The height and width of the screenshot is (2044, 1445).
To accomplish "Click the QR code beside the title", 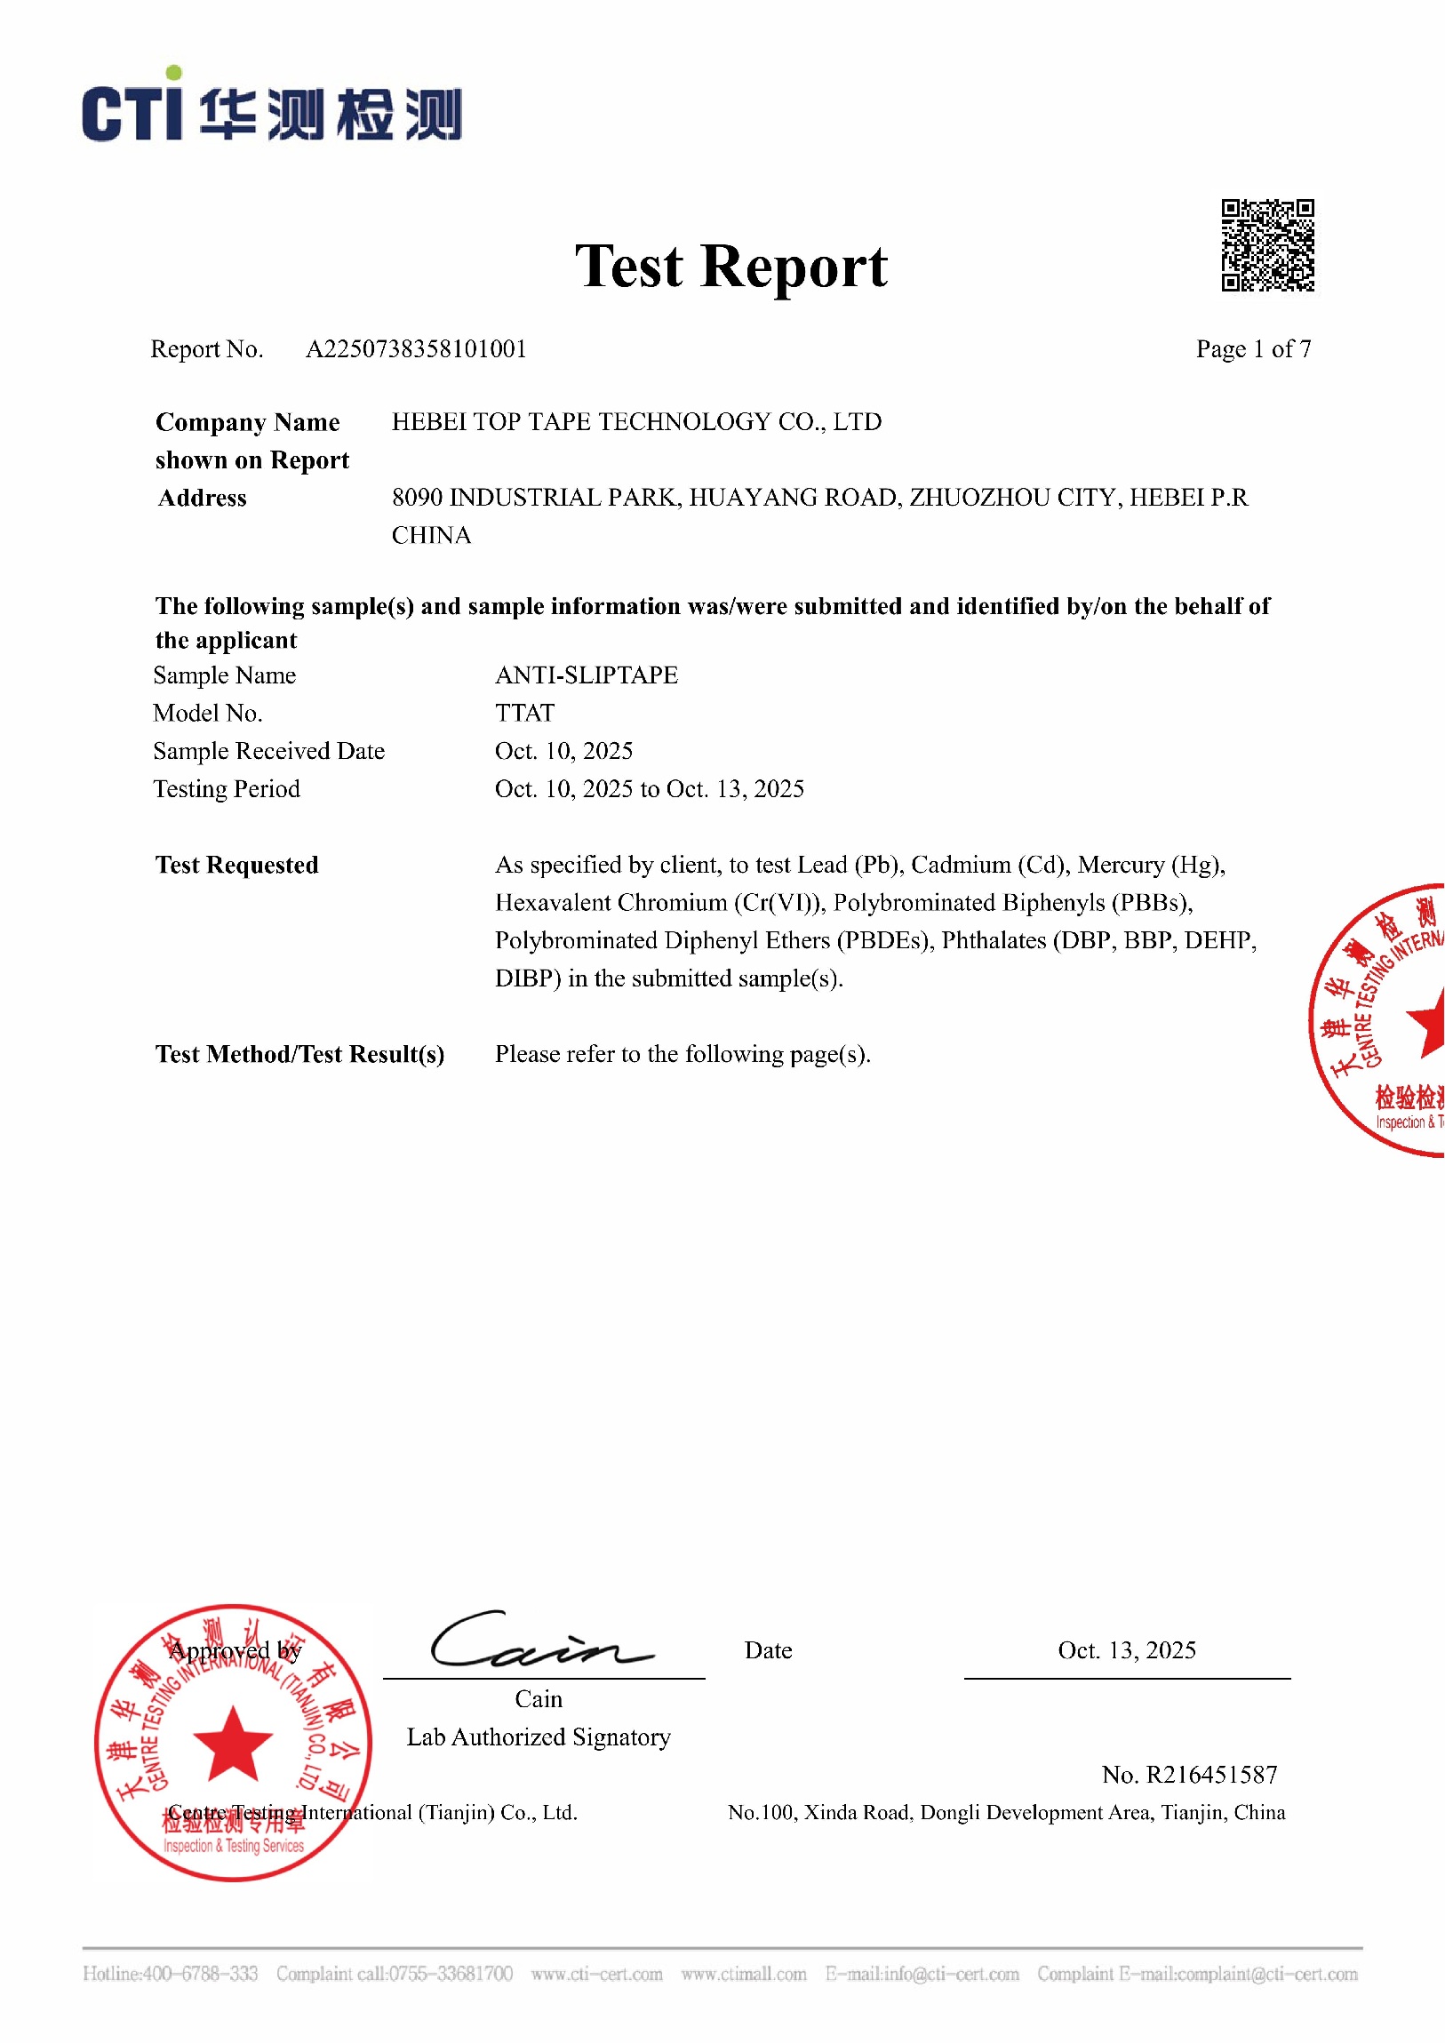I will (1267, 244).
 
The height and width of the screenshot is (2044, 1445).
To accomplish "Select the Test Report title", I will (730, 267).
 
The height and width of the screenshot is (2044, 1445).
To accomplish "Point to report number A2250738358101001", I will (416, 349).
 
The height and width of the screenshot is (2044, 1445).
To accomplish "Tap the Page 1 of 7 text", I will (1253, 349).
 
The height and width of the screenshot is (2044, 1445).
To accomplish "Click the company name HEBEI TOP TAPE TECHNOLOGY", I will (635, 422).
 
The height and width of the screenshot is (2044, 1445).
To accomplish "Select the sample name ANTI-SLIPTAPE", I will (586, 675).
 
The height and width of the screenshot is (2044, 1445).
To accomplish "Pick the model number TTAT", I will (524, 713).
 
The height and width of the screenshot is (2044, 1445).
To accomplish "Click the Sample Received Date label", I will (269, 751).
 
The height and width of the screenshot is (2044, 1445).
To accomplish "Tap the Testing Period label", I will (226, 789).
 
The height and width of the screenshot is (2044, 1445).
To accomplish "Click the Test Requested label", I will (236, 866).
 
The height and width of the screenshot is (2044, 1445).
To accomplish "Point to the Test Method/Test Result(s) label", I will (299, 1054).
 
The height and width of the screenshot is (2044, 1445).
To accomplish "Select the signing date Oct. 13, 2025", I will (1126, 1650).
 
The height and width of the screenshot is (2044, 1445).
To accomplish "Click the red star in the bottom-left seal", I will (232, 1745).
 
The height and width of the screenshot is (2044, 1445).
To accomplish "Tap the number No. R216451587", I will (1188, 1775).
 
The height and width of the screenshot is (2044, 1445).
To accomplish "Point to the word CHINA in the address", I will (431, 536).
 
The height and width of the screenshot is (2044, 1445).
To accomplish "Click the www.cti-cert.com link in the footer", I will (596, 1974).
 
